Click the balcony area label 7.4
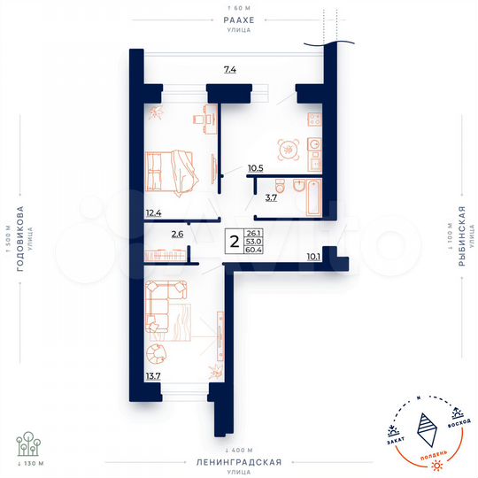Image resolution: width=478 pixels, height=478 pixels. [229, 68]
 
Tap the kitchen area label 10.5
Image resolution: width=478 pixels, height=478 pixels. [256, 166]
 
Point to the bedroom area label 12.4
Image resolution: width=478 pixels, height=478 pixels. [154, 212]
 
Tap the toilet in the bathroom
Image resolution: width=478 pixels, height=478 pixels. [280, 186]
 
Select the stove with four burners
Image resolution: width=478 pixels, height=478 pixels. [313, 119]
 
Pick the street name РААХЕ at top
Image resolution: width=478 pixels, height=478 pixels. [239, 18]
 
